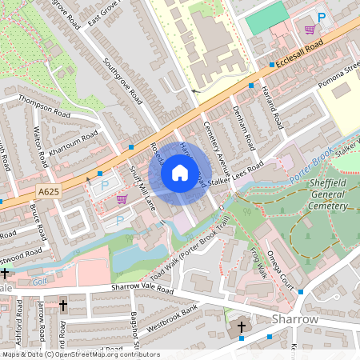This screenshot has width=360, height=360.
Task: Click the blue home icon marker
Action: tap(180, 172)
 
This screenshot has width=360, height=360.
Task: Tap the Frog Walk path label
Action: tap(258, 262)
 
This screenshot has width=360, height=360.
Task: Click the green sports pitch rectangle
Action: tap(266, 18)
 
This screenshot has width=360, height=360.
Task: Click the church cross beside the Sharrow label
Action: tap(242, 327)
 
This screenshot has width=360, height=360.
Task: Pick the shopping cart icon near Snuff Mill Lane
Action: tap(122, 198)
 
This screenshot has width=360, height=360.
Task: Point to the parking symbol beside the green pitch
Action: tap(322, 17)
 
